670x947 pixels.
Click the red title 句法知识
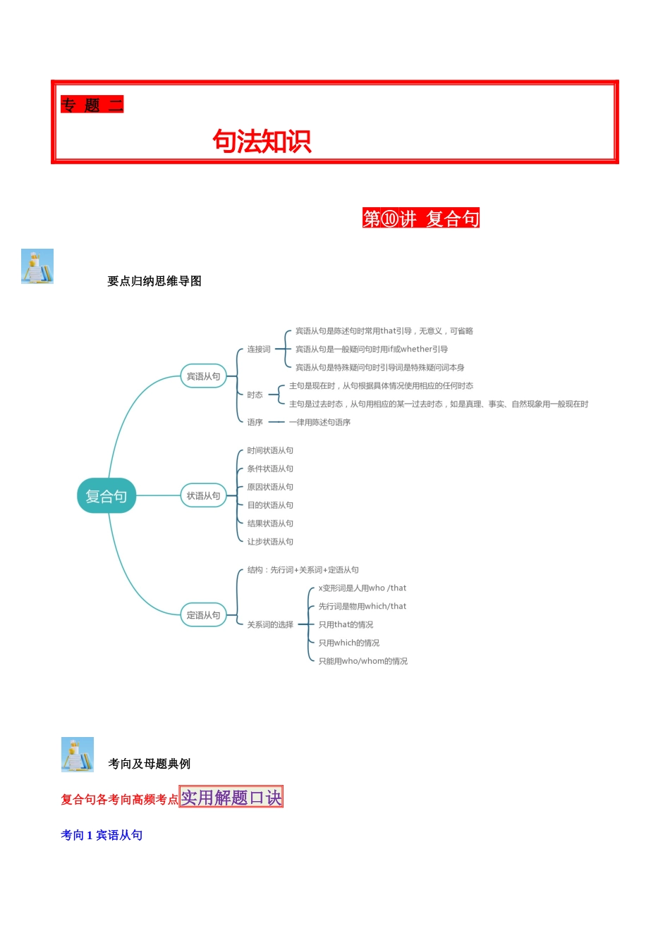click(262, 142)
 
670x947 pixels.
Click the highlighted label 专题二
click(92, 105)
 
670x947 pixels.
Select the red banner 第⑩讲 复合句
click(420, 218)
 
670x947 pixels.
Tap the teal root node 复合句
click(106, 496)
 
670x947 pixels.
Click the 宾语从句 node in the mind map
click(203, 376)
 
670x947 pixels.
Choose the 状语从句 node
click(203, 496)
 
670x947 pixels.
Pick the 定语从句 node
click(203, 615)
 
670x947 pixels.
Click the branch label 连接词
click(259, 349)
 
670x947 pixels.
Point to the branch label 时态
click(255, 395)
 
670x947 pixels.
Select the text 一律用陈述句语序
click(319, 423)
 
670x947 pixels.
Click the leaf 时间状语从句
click(270, 451)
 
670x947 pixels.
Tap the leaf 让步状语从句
click(270, 542)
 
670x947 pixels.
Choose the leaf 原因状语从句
click(270, 488)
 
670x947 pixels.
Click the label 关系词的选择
click(270, 625)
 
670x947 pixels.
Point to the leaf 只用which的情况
click(348, 643)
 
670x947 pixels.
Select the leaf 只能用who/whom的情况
click(363, 662)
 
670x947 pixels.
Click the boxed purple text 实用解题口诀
click(231, 797)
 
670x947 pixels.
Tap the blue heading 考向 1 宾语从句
click(102, 835)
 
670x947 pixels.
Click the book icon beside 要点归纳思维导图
click(37, 266)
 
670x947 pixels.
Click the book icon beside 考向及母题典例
click(78, 755)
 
